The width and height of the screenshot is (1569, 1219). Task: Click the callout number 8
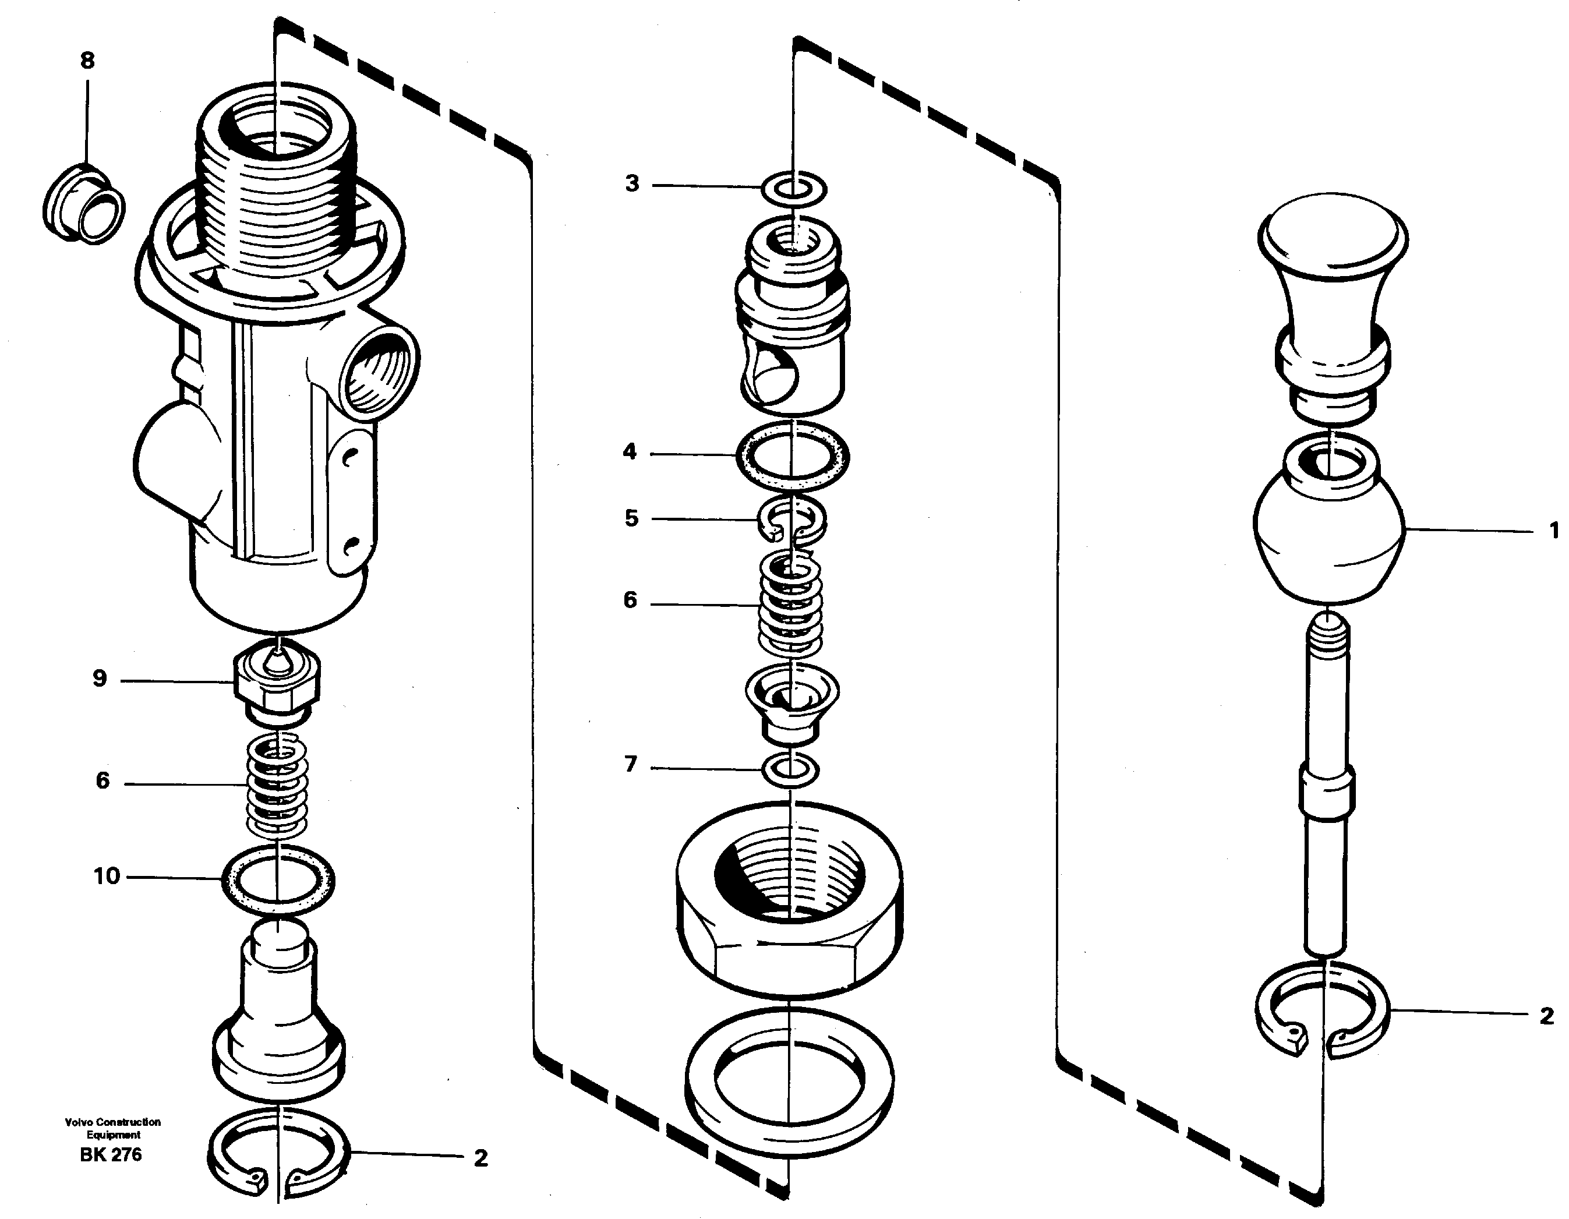click(87, 61)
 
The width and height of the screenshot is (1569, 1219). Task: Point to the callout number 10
click(107, 877)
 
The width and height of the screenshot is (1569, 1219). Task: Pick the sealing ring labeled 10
click(277, 881)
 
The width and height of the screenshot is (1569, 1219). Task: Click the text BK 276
click(111, 1155)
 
